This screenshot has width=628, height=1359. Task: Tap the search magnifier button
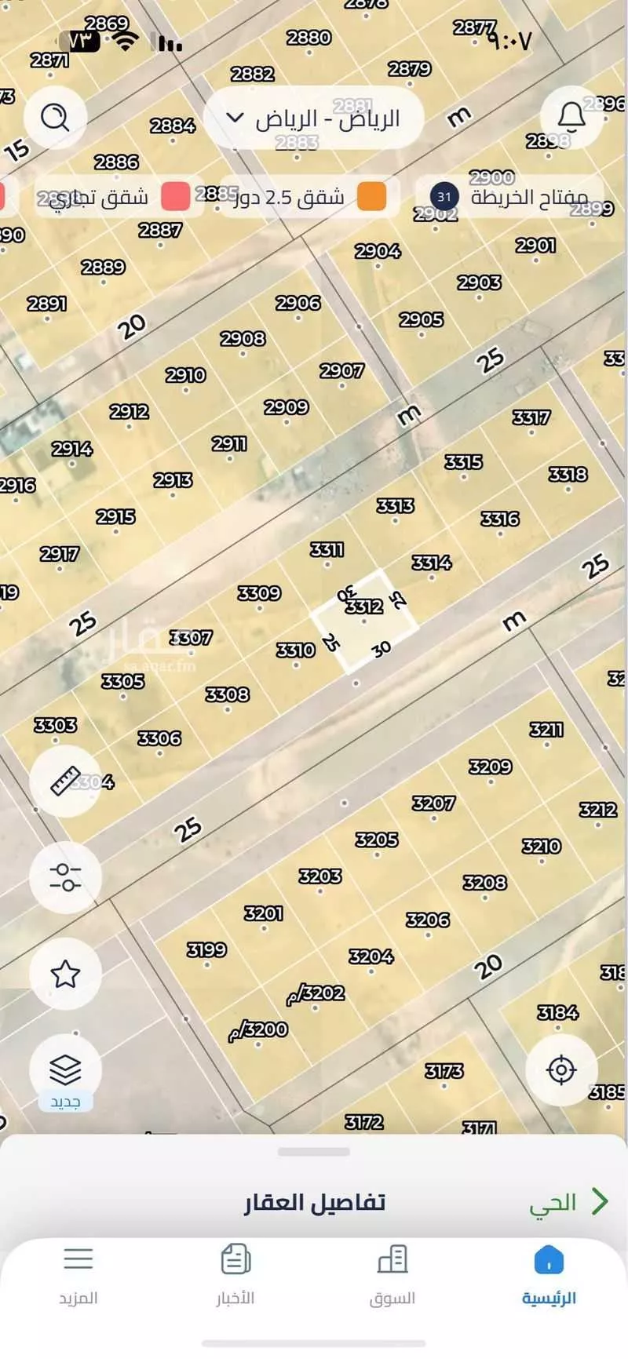55,118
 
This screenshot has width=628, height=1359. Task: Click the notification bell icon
571,118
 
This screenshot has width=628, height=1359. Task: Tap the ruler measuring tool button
65,781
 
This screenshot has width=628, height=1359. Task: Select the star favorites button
65,974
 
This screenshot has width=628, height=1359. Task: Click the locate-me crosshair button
561,1069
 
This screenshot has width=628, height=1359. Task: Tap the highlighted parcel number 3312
364,607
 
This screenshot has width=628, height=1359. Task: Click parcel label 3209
490,767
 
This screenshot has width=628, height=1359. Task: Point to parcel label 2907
341,370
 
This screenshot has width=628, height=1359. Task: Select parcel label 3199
206,949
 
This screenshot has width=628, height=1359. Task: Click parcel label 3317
531,417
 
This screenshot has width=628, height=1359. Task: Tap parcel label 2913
173,479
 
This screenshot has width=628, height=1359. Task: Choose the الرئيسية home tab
549,1276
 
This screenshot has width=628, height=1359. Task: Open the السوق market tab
392,1276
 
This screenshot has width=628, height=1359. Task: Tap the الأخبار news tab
235,1276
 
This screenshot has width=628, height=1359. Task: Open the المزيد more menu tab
78,1276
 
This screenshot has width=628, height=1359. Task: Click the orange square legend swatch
372,196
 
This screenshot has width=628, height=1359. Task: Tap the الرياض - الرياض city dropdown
314,118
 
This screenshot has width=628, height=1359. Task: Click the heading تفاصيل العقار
314,1202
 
